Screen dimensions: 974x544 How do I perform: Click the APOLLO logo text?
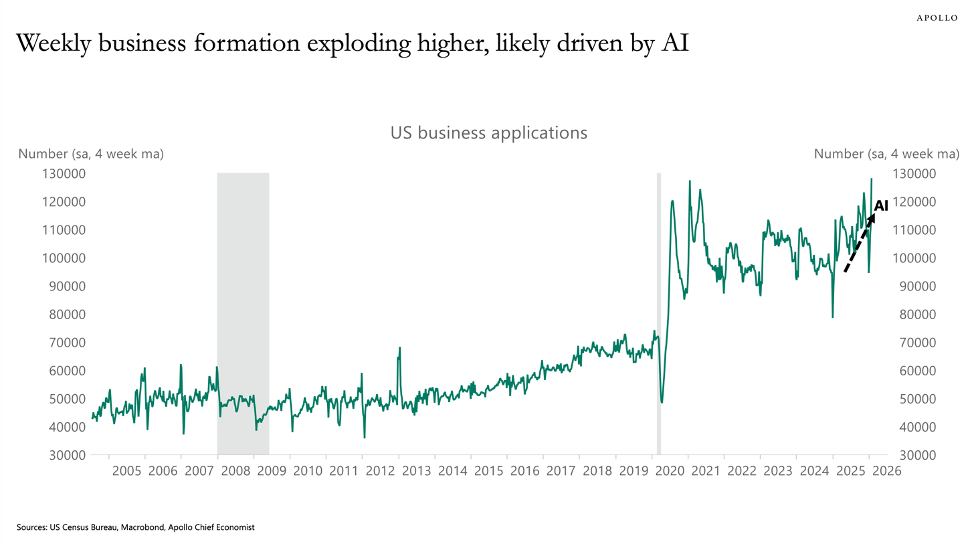pos(937,18)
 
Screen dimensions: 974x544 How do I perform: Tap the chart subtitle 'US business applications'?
pos(489,132)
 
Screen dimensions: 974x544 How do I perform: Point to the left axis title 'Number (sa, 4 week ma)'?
pos(91,154)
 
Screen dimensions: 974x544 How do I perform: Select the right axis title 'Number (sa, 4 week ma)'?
pos(886,154)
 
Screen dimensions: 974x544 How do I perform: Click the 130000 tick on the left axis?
pos(64,173)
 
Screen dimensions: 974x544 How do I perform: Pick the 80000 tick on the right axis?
pos(918,314)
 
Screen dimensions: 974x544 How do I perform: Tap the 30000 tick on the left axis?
pos(68,455)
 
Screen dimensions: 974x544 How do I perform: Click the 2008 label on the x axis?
pos(235,471)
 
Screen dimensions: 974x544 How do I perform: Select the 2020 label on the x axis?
pos(670,471)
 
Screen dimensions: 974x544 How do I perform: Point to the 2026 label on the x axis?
pos(887,471)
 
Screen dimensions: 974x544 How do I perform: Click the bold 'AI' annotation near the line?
pos(881,205)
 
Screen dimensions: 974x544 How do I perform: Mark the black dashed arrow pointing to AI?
pos(860,243)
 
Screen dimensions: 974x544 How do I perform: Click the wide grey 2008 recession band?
pos(243,314)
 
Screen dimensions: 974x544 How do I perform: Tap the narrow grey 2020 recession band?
pos(659,314)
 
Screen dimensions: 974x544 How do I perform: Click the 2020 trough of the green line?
pos(662,401)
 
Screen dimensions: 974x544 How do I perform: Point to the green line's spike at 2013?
pos(399,348)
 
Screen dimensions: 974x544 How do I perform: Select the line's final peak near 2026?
pos(872,179)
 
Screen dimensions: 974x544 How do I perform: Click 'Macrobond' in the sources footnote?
pos(142,527)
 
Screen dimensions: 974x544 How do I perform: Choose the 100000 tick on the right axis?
pos(914,258)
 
